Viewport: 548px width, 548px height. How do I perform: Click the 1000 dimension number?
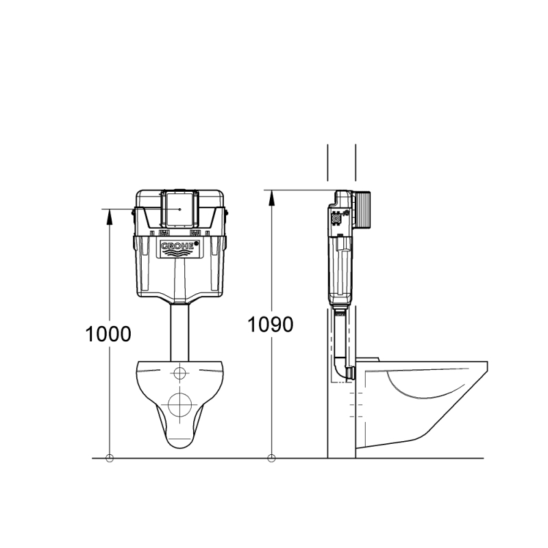click(108, 334)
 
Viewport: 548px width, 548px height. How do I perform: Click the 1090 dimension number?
click(271, 325)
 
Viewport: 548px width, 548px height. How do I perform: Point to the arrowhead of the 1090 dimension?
click(271, 198)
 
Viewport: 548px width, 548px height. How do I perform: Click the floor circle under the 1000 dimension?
click(110, 458)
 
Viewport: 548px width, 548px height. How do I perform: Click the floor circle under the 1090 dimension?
click(271, 458)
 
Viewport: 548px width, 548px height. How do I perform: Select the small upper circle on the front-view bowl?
click(179, 373)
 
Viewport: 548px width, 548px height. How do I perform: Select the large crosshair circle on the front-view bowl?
click(179, 404)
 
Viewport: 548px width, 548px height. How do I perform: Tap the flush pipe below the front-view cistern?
click(179, 333)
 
